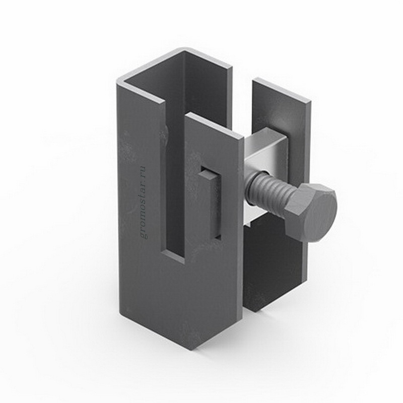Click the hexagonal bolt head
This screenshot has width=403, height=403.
click(x=310, y=212)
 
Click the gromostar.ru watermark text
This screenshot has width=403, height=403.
click(x=143, y=203)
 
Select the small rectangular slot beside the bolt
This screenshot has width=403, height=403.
click(x=210, y=203)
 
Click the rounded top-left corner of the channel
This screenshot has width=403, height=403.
click(x=120, y=81)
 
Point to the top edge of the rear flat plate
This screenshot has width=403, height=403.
click(x=282, y=91)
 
